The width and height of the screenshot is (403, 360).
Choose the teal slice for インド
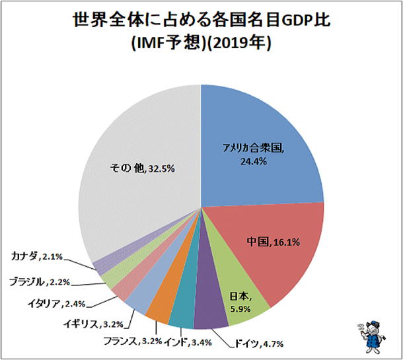click(x=182, y=315)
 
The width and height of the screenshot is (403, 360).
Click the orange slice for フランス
click(x=160, y=310)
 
